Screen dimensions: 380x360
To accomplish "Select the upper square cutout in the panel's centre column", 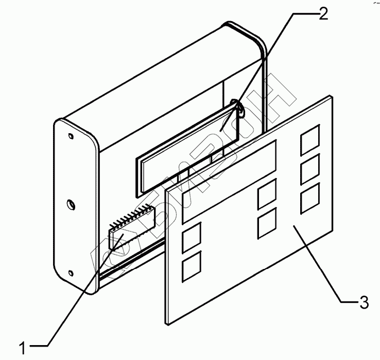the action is click(x=267, y=194).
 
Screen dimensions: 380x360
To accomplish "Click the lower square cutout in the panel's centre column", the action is click(x=267, y=223).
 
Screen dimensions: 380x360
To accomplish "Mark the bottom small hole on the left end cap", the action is click(x=70, y=273).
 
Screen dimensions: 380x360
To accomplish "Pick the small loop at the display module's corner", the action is click(x=238, y=105).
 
